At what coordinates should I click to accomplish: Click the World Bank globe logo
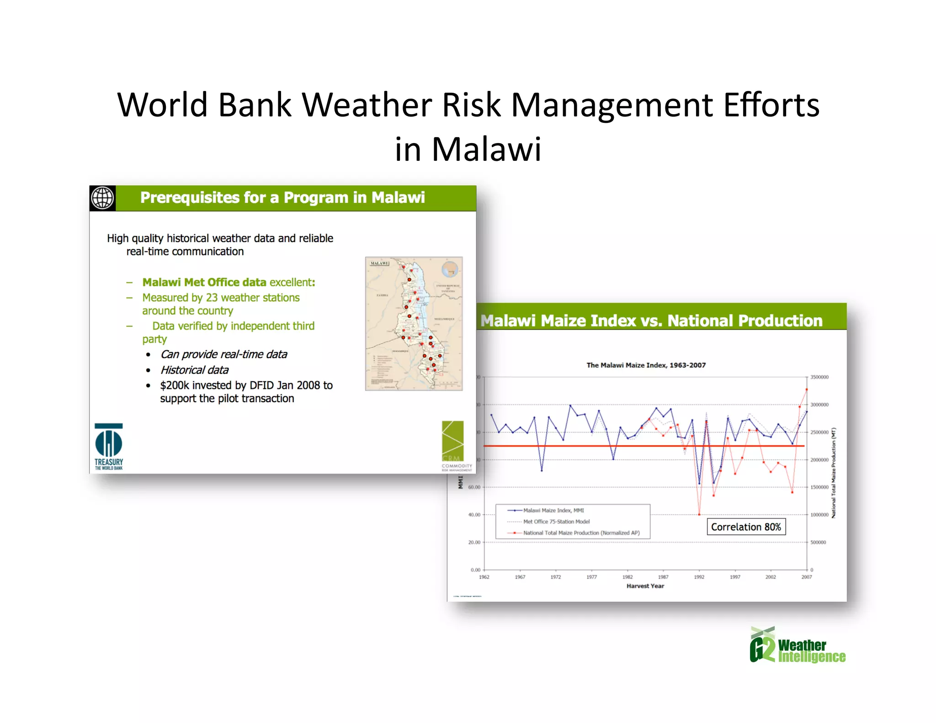pyautogui.click(x=102, y=198)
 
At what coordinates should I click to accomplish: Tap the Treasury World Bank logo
pyautogui.click(x=109, y=447)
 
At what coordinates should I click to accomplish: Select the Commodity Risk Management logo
pyautogui.click(x=455, y=446)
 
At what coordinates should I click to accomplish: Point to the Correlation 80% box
pyautogui.click(x=746, y=527)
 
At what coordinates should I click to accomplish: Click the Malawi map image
pyautogui.click(x=414, y=324)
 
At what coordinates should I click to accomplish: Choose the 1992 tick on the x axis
pyautogui.click(x=699, y=577)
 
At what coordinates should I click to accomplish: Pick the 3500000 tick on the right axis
pyautogui.click(x=819, y=377)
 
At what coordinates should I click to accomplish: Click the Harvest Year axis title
pyautogui.click(x=645, y=586)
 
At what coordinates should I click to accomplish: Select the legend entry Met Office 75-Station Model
pyautogui.click(x=556, y=521)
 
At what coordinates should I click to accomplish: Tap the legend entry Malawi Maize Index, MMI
pyautogui.click(x=553, y=510)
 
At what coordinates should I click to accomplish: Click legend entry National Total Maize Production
pyautogui.click(x=581, y=533)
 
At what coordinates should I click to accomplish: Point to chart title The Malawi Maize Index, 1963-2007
pyautogui.click(x=646, y=365)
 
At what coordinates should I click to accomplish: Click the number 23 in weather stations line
pyautogui.click(x=212, y=298)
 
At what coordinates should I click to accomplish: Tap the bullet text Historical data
pyautogui.click(x=194, y=370)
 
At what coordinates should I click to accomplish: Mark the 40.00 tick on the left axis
pyautogui.click(x=474, y=515)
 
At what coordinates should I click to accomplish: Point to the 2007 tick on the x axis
pyautogui.click(x=806, y=577)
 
